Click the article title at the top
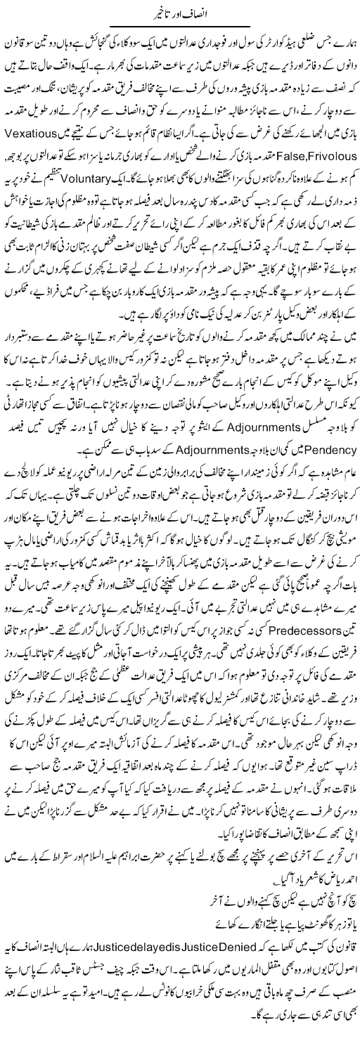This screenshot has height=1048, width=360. click(x=180, y=12)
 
